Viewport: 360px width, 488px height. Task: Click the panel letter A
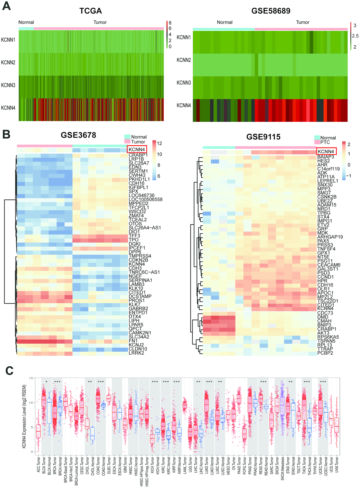(x=6, y=6)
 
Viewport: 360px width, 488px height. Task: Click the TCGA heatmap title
(x=91, y=11)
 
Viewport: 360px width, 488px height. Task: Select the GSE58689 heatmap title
(x=271, y=11)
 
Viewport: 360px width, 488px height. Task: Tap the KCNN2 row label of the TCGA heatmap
(x=8, y=62)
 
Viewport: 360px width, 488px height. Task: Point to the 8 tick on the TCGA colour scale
(x=170, y=23)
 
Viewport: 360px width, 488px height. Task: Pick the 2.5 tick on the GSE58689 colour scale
(x=355, y=36)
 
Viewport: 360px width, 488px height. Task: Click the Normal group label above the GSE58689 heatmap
(x=224, y=22)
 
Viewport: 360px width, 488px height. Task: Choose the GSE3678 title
(x=78, y=135)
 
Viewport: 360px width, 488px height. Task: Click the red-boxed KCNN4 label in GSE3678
(x=137, y=149)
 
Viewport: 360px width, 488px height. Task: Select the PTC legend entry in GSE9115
(x=325, y=142)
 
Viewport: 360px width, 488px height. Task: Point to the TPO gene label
(x=133, y=240)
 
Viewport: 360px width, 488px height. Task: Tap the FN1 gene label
(x=133, y=341)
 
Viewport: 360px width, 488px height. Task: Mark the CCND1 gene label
(x=325, y=277)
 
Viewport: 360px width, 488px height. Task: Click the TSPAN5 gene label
(x=326, y=341)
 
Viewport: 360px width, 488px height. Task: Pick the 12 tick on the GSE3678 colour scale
(x=159, y=143)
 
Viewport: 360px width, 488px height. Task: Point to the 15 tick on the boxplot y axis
(x=31, y=378)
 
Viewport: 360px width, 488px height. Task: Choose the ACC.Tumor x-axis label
(x=38, y=465)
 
